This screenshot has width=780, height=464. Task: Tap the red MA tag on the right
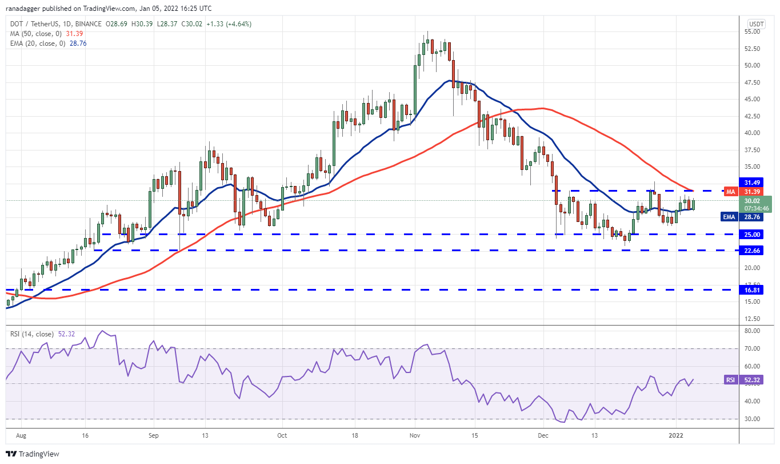pyautogui.click(x=730, y=191)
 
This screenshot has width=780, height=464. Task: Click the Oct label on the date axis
pyautogui.click(x=282, y=435)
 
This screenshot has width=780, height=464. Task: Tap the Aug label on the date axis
pyautogui.click(x=21, y=435)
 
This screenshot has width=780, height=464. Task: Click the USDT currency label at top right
pyautogui.click(x=756, y=23)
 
